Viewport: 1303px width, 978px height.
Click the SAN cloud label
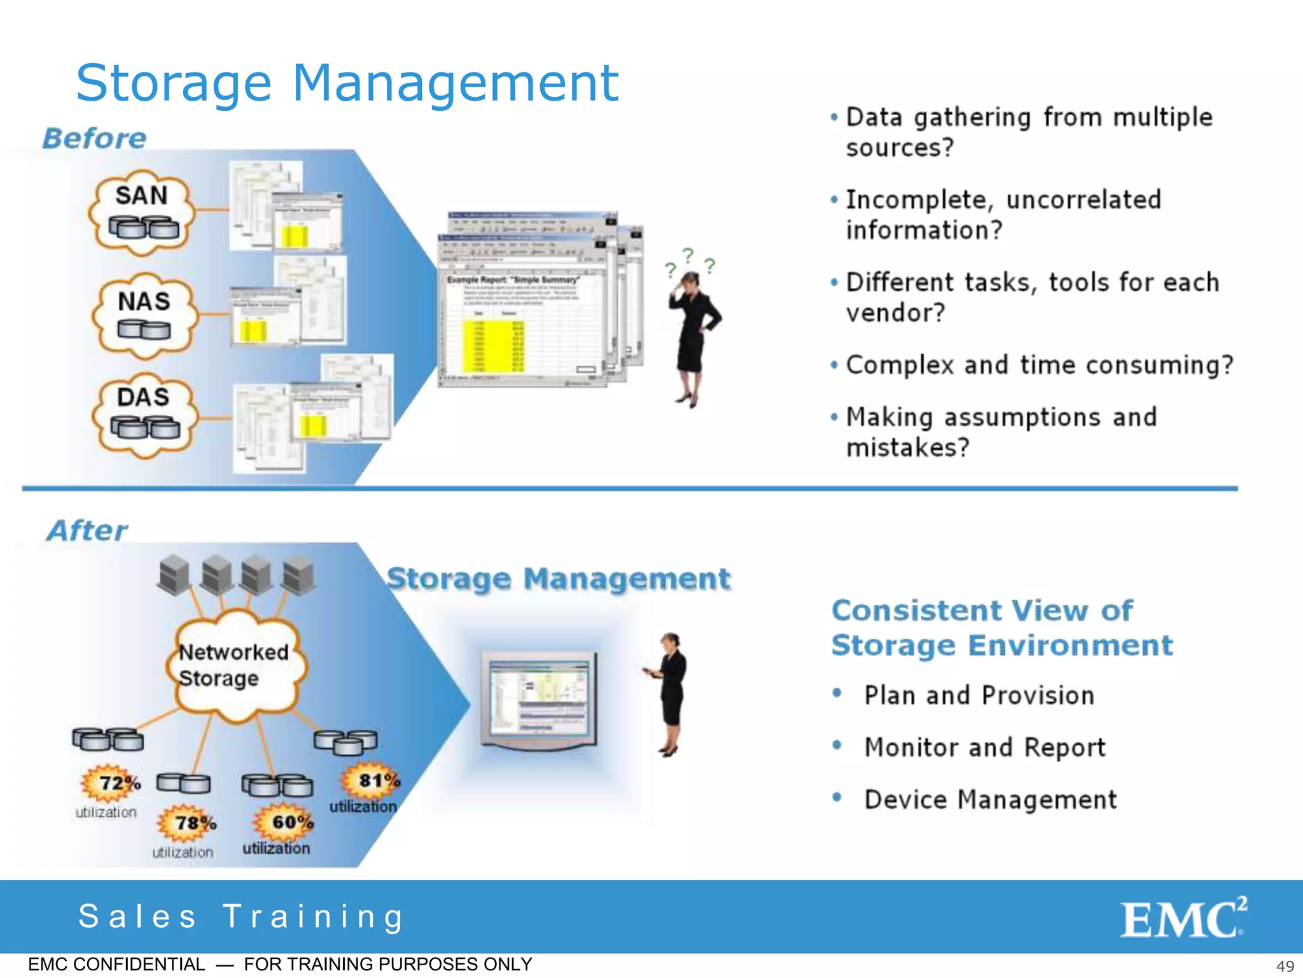point(141,196)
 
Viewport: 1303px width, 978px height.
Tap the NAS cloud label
point(144,302)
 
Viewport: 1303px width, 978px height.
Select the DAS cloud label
point(143,397)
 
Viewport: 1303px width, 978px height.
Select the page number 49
point(1285,966)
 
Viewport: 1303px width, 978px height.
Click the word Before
point(95,138)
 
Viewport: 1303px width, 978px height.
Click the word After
point(88,530)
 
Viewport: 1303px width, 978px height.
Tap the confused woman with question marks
point(693,331)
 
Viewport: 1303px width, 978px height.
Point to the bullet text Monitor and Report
point(984,748)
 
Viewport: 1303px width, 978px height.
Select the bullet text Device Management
point(990,800)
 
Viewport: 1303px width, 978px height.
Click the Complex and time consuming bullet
point(1039,365)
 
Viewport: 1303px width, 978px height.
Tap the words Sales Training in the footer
point(241,917)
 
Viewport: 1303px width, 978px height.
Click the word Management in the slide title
point(456,83)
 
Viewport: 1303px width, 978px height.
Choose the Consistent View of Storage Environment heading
point(1001,628)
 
